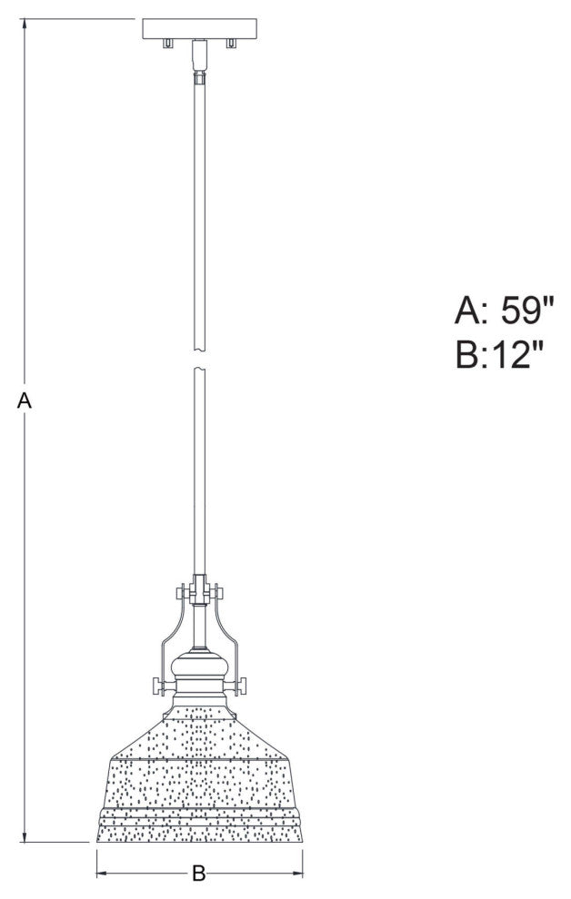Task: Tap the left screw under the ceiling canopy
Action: tap(166, 44)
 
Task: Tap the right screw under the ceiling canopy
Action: tap(232, 44)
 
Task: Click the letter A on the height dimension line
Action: tap(25, 400)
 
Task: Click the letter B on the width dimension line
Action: tap(199, 875)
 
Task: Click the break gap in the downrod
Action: tap(199, 361)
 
